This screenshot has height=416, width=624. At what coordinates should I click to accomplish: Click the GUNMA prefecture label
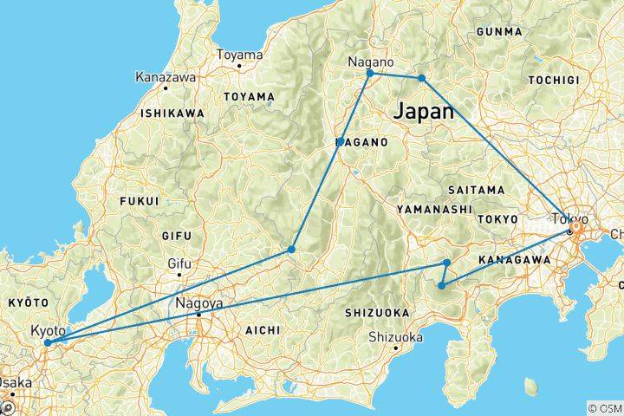coord(498,32)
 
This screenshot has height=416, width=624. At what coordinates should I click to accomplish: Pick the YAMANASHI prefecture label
coord(434,209)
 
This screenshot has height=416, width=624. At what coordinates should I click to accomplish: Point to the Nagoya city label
coord(199,304)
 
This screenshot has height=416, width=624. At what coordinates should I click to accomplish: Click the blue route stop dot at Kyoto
coord(47,342)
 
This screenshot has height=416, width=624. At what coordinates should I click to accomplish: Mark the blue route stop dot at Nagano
coord(370,74)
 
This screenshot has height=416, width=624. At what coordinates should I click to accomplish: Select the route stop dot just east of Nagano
coord(422,78)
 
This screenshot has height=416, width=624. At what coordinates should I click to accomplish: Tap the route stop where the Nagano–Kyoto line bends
coord(291,250)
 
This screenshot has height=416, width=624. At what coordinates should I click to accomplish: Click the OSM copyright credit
coord(603,407)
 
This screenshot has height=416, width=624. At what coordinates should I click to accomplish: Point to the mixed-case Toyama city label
coord(238,55)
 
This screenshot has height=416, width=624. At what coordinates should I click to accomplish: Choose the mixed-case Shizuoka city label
coord(395,337)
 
